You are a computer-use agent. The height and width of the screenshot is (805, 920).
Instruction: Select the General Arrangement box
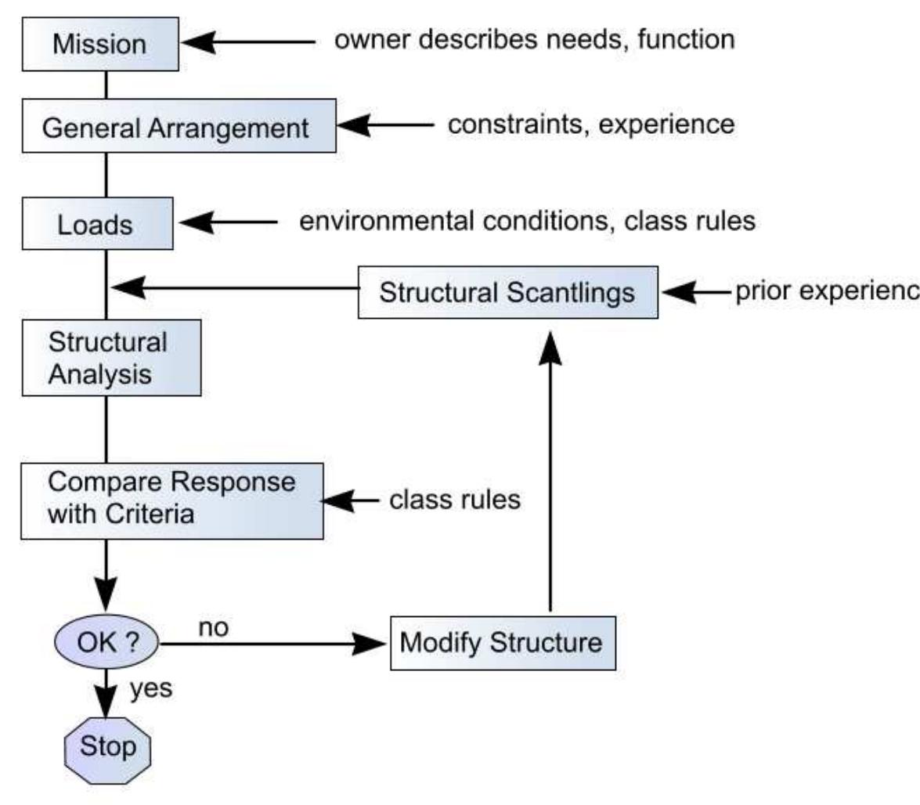point(179,126)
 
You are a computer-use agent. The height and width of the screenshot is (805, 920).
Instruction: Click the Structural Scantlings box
point(507,292)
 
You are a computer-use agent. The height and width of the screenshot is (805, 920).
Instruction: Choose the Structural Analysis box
point(110,358)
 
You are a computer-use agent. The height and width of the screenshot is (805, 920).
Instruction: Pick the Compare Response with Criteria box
point(171,500)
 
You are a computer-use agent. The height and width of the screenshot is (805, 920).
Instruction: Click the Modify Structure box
point(503,643)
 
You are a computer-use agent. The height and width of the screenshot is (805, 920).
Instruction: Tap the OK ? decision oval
point(106,643)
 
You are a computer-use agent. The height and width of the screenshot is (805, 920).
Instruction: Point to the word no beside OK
point(213,628)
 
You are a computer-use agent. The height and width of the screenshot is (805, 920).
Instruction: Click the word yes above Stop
point(150,689)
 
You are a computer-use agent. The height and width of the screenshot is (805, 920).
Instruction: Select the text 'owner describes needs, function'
point(534,39)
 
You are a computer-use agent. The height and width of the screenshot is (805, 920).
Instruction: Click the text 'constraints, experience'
point(590,124)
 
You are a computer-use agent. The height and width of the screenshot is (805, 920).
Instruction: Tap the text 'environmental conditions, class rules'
point(528,222)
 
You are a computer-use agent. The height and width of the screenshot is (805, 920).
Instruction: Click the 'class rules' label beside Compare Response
point(454,500)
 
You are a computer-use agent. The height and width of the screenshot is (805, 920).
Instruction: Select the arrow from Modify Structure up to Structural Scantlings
point(550,470)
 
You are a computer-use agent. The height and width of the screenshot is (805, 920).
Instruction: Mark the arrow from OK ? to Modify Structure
point(274,644)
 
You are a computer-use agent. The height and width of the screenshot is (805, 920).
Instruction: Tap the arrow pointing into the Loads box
point(227,223)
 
